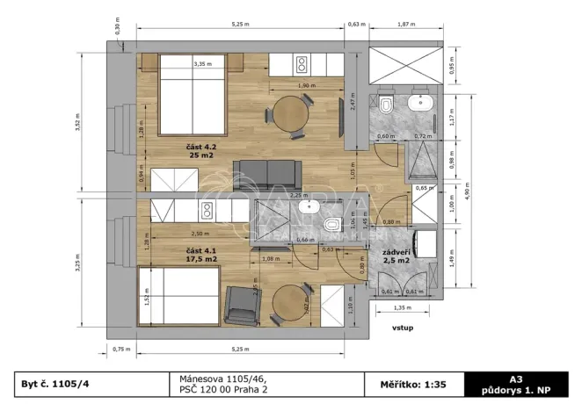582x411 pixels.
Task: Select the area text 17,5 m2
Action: pos(201,259)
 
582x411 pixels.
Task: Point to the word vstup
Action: pos(403,328)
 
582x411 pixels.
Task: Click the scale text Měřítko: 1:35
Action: pos(411,384)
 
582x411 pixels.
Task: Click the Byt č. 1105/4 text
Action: pos(57,384)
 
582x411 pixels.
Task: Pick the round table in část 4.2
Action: pos(290,114)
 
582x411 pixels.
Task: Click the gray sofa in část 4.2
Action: pos(267,172)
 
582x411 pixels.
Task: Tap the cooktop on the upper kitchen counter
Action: pos(302,64)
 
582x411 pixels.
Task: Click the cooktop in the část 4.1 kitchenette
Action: pos(208,210)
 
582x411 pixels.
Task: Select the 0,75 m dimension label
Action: pos(121,349)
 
